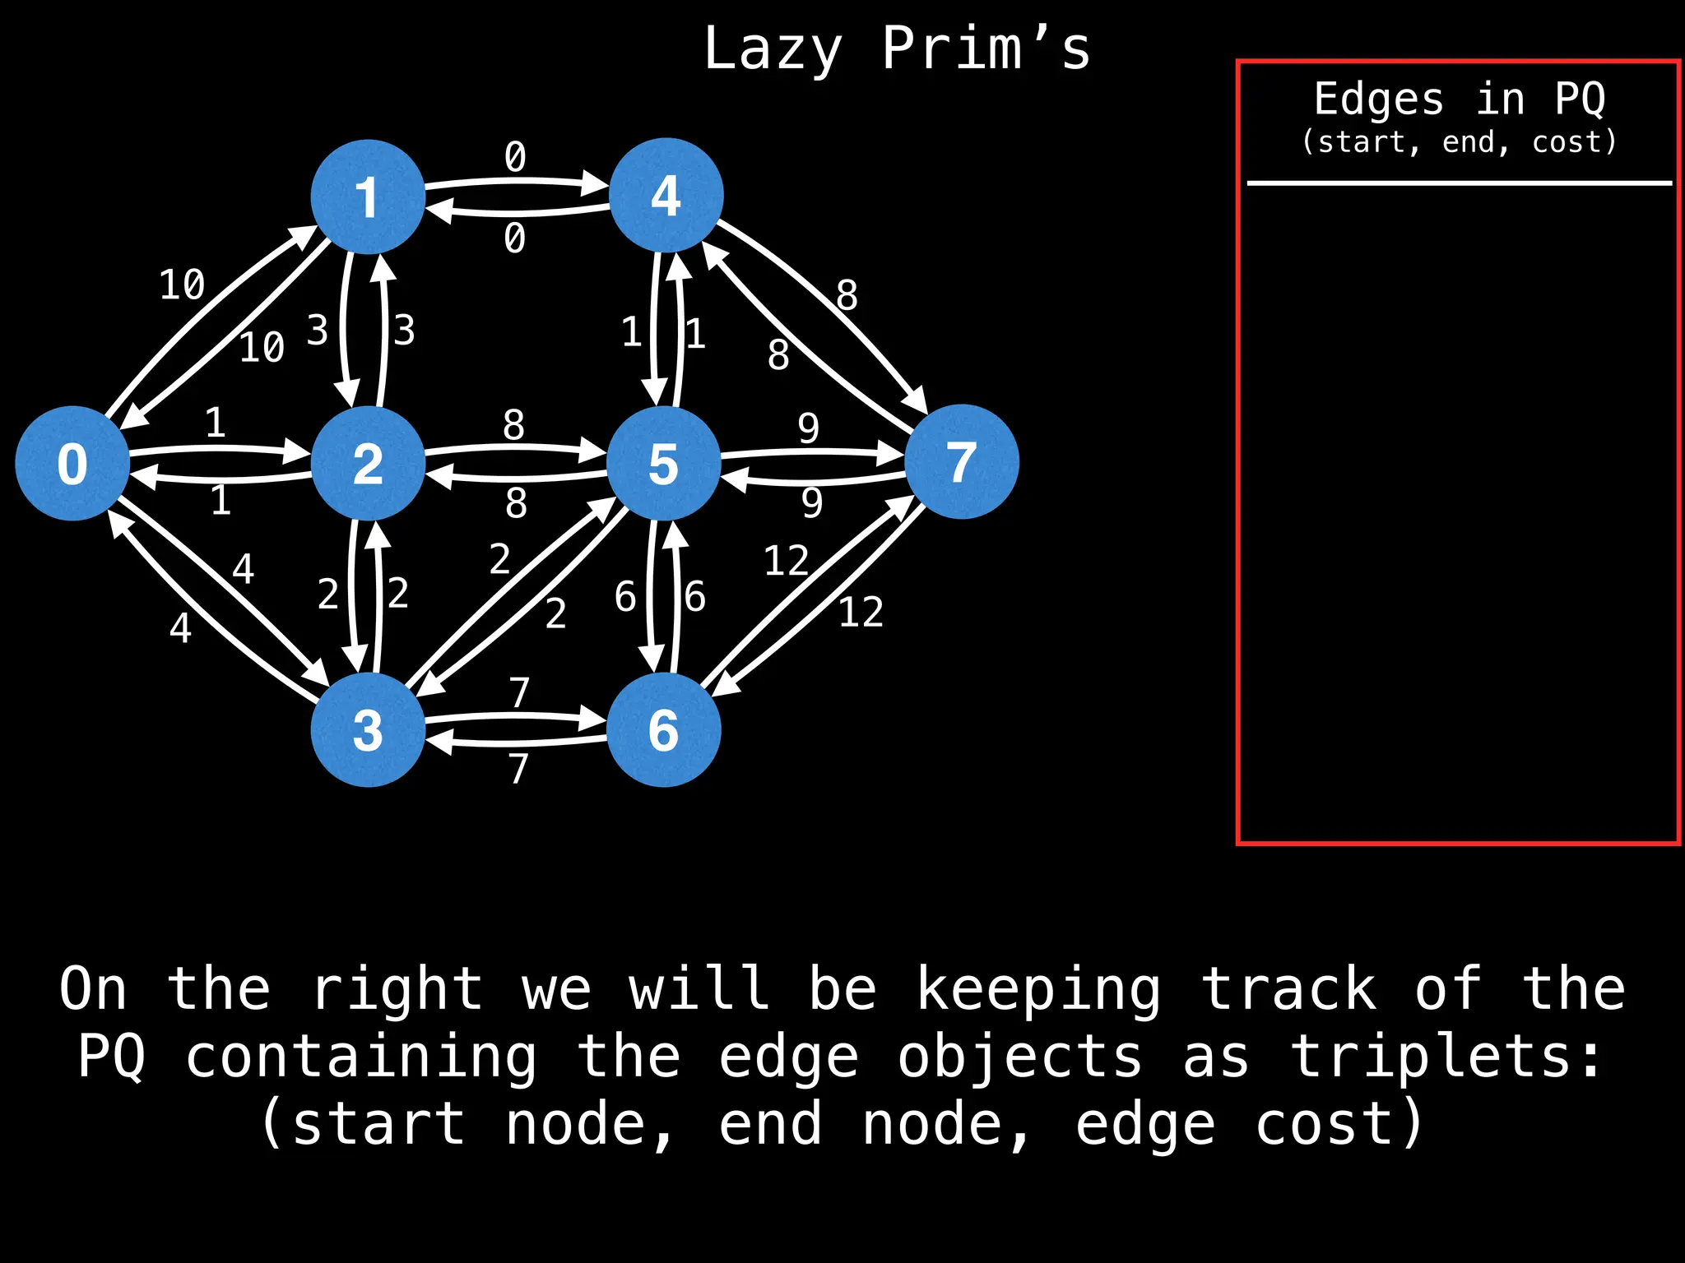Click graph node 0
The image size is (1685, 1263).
tap(72, 463)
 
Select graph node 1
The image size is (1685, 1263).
tap(368, 197)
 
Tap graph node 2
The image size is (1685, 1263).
tap(368, 463)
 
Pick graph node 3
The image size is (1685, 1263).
tap(368, 729)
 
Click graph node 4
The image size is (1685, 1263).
tap(666, 195)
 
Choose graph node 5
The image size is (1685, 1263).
tap(664, 463)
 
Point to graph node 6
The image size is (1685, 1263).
tap(664, 729)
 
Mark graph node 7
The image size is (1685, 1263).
tap(962, 461)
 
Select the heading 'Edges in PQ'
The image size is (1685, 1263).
tap(1459, 99)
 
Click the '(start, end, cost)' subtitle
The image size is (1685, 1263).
tap(1459, 142)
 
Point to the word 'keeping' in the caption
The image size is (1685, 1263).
tap(1038, 990)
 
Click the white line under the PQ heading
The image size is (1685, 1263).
tap(1459, 183)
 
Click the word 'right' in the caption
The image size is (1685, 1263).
tap(397, 990)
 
